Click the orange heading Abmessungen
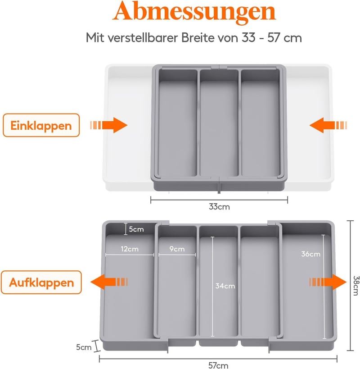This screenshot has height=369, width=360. [x=194, y=12]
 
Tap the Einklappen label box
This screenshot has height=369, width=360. [x=41, y=125]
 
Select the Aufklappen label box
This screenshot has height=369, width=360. [x=41, y=282]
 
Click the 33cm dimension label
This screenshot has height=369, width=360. [x=219, y=207]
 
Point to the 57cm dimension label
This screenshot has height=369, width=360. [x=218, y=365]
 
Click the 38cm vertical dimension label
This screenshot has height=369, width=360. [x=356, y=286]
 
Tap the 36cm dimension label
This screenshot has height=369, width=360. [x=310, y=254]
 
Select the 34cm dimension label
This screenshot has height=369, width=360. [x=225, y=286]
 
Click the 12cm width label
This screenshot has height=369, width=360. [x=130, y=249]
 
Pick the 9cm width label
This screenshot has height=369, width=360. [x=177, y=249]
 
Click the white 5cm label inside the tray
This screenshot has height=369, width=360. [x=136, y=229]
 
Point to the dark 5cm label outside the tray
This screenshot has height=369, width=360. [x=84, y=347]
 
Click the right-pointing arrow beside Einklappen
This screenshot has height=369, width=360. [x=108, y=125]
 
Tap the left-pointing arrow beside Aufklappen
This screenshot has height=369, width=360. [x=109, y=282]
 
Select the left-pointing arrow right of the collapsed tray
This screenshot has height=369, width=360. [x=328, y=125]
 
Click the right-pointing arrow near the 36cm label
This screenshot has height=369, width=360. [x=328, y=282]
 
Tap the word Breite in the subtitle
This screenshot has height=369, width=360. [x=198, y=38]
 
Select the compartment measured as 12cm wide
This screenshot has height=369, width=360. [x=129, y=282]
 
